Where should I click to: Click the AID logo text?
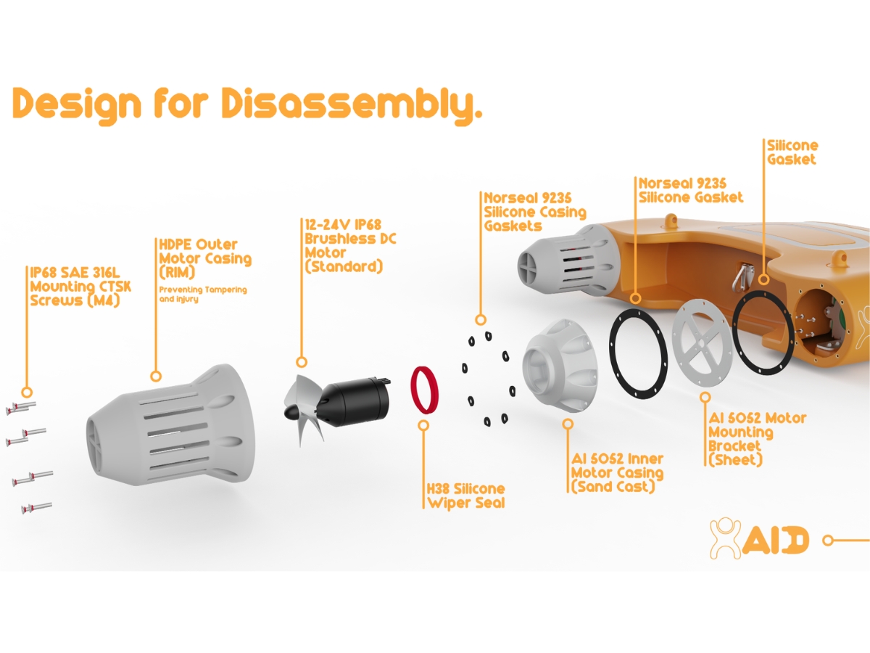774,540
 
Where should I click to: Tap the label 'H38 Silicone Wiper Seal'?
465,496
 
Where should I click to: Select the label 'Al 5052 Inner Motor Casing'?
616,472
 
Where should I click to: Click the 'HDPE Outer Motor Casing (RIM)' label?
204,258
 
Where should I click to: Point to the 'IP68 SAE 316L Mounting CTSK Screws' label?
80,286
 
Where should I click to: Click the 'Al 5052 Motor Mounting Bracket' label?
755,439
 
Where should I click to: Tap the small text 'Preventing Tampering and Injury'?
202,294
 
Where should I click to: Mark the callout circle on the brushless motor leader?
302,361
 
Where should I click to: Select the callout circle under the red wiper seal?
424,424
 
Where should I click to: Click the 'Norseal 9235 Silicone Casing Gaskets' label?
535,211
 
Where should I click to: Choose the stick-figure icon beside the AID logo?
726,538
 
